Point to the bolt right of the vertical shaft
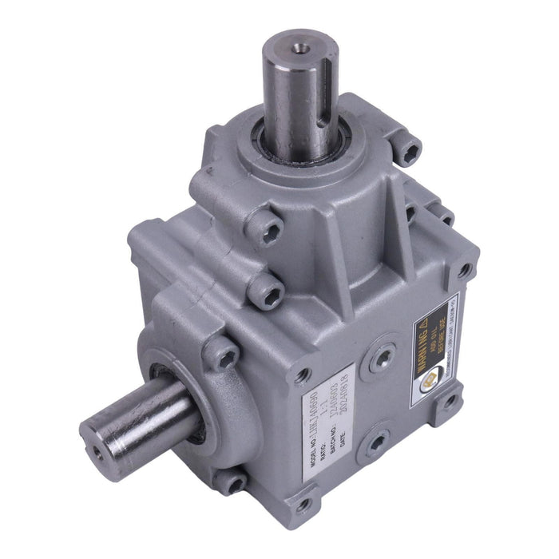[x=410, y=149]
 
